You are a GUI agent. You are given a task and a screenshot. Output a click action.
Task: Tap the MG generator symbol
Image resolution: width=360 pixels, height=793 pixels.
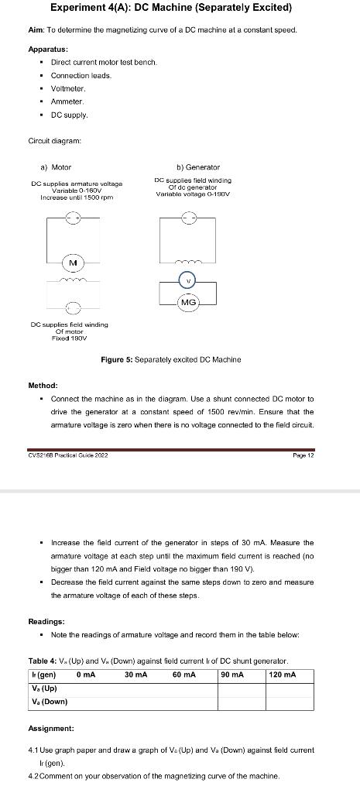pos(188,300)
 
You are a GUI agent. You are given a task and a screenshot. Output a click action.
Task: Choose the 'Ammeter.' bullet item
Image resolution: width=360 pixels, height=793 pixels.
pos(67,101)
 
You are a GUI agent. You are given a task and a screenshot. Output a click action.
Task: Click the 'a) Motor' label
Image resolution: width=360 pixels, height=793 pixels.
pos(56,166)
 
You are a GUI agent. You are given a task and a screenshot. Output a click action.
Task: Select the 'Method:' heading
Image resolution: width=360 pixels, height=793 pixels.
pos(43,385)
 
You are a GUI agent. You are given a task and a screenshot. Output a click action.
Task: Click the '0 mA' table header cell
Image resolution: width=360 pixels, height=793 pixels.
pos(87,675)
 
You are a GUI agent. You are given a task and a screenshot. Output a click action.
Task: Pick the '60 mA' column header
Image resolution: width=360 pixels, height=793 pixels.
pos(183,675)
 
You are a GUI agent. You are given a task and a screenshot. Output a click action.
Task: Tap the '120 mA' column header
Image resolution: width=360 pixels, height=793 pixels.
pos(282,675)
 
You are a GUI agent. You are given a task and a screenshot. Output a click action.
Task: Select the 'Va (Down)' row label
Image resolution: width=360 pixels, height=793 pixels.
pos(49,702)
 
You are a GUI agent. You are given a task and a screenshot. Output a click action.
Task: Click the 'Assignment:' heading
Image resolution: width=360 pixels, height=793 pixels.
pos(51,729)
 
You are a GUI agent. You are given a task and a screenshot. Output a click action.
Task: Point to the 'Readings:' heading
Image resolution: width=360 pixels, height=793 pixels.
pos(47,621)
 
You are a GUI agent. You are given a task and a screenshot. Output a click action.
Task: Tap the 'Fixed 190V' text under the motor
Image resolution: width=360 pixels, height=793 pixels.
pos(70,338)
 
